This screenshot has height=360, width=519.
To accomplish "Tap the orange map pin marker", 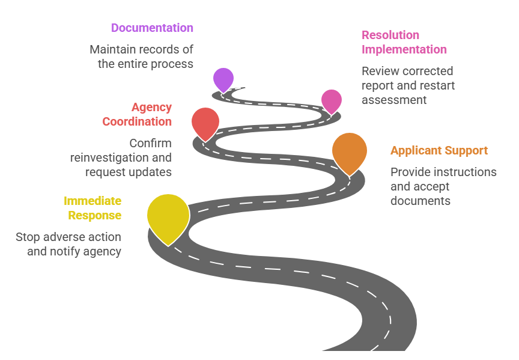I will click(x=349, y=151).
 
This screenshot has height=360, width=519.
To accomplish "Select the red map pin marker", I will click(x=205, y=123).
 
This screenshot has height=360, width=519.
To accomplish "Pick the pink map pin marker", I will click(x=331, y=100).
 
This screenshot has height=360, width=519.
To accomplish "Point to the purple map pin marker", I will click(x=223, y=79).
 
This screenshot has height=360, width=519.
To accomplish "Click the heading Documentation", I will click(x=152, y=28).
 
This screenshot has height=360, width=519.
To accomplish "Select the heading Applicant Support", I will click(x=439, y=150).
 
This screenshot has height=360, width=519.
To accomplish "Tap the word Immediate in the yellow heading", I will click(x=93, y=201).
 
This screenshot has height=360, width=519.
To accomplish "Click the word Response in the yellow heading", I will click(x=94, y=215).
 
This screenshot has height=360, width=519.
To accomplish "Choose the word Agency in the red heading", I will click(x=151, y=108).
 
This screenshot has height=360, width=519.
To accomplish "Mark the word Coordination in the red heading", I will click(x=137, y=121).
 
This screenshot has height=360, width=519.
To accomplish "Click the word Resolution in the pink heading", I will click(x=390, y=35).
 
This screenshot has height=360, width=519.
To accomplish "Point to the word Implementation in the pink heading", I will click(x=404, y=49).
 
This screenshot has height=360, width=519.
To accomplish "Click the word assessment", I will click(x=394, y=100).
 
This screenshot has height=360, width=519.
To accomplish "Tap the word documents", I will click(x=420, y=201).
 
